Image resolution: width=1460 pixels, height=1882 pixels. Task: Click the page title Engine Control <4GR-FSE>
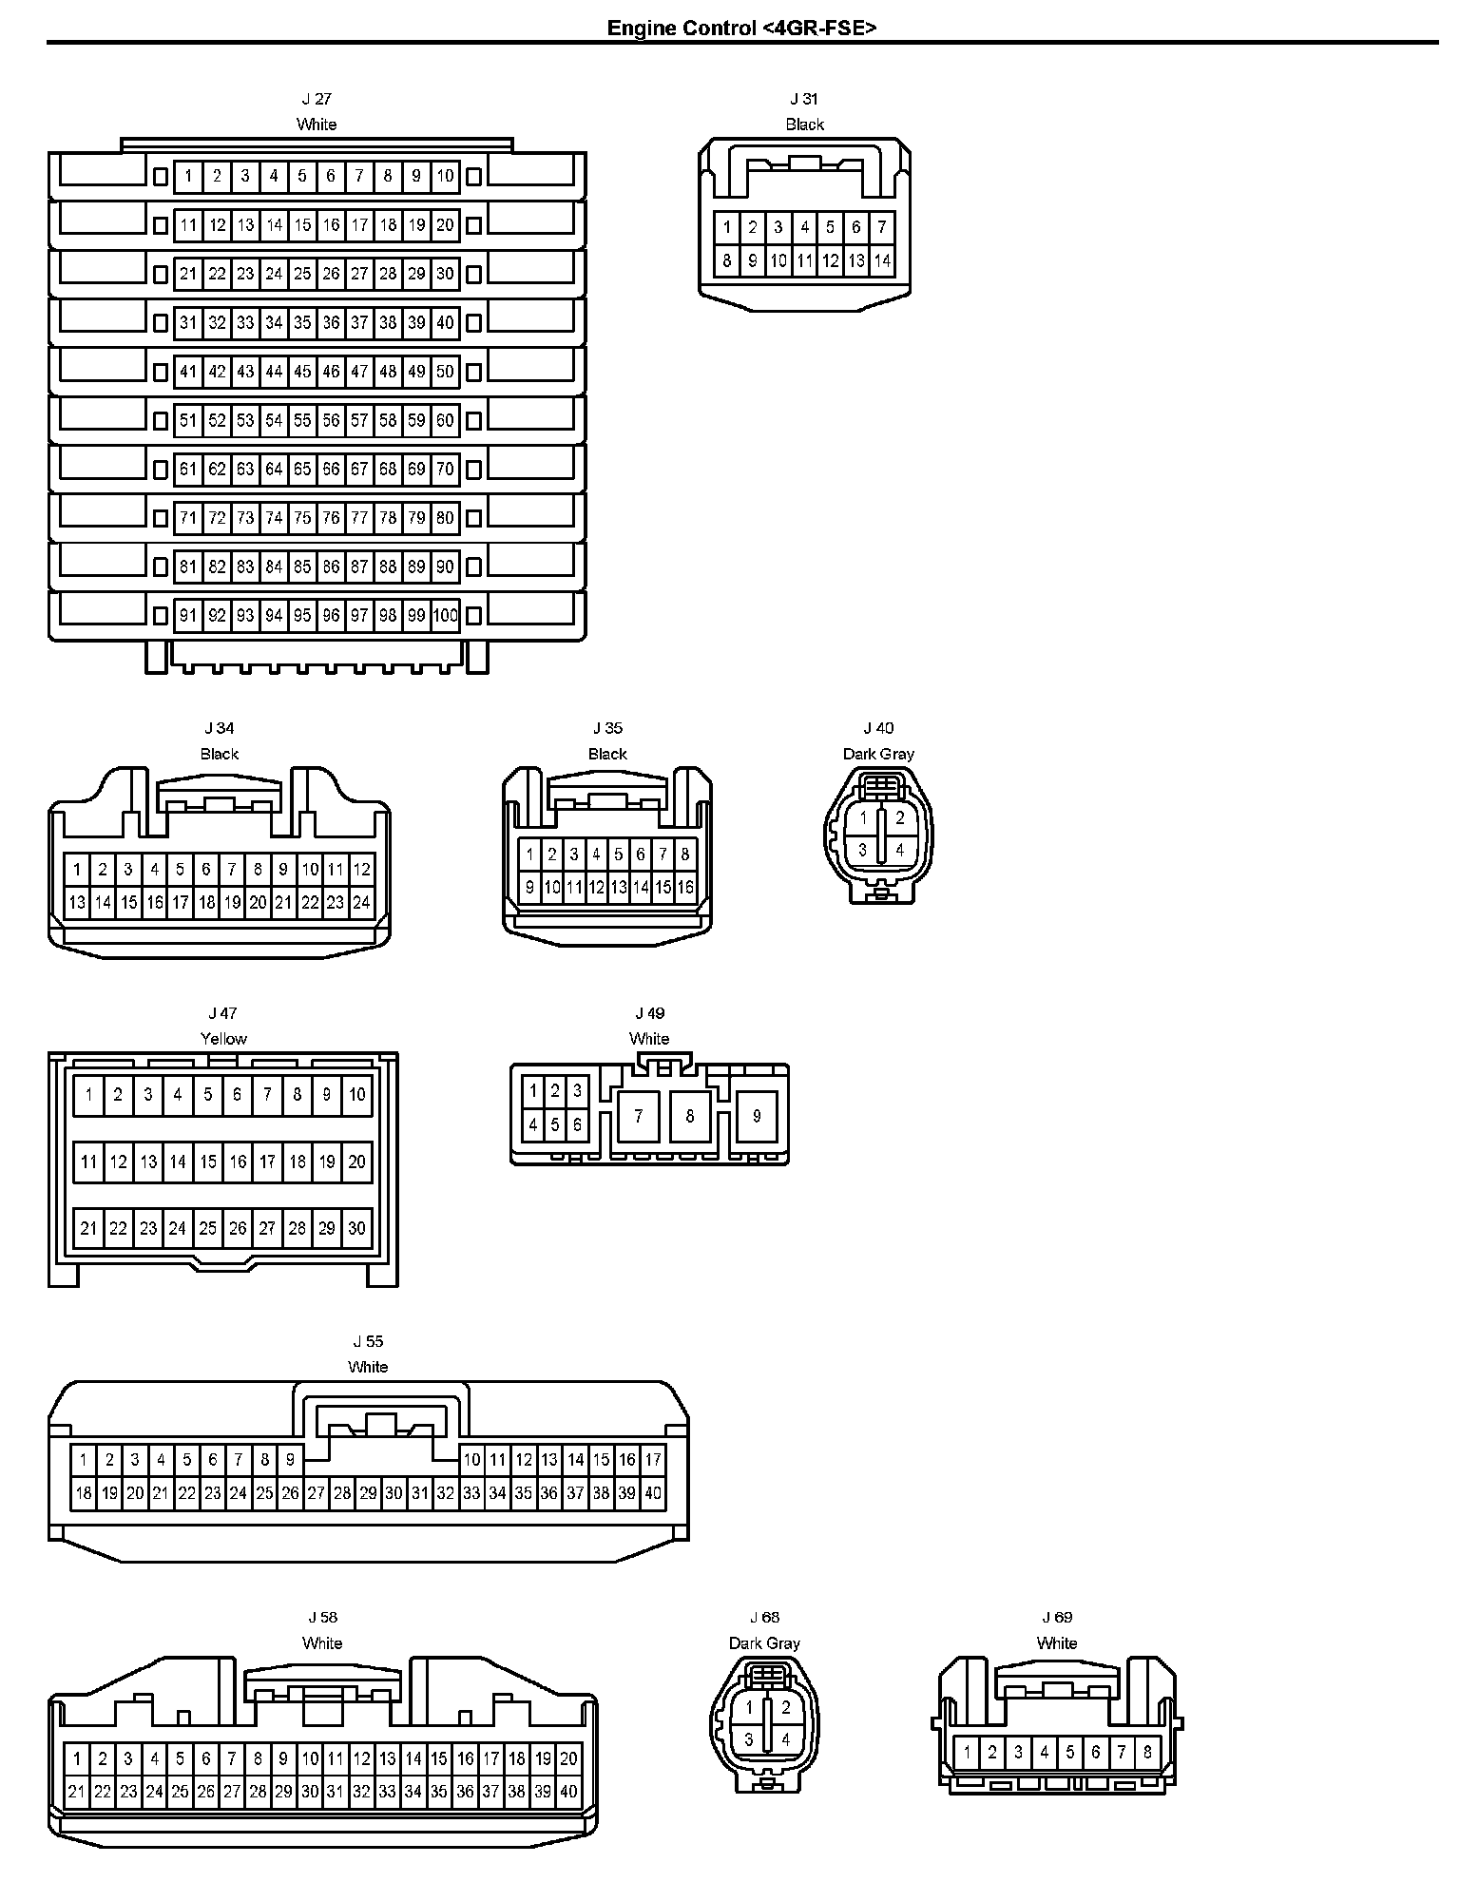(741, 28)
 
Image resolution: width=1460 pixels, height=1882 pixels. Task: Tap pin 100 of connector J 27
(445, 616)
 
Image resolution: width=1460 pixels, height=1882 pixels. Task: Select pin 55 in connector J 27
(302, 420)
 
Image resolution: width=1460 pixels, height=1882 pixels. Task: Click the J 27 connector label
(317, 99)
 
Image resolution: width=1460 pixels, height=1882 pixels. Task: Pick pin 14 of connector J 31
(882, 260)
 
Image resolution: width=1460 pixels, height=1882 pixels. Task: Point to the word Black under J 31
(804, 125)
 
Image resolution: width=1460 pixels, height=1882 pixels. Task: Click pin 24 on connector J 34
(361, 903)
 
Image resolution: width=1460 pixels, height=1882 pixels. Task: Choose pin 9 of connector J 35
(530, 889)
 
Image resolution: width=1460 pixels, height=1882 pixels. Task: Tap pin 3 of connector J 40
(863, 850)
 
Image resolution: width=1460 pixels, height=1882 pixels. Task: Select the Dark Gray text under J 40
(878, 754)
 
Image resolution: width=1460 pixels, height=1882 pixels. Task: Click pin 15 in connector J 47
(208, 1162)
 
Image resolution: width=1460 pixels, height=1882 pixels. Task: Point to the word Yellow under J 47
(223, 1039)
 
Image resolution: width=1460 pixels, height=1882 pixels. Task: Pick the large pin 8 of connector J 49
(690, 1116)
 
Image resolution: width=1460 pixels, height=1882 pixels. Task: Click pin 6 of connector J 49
(577, 1125)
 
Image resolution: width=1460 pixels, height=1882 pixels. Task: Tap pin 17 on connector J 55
(653, 1460)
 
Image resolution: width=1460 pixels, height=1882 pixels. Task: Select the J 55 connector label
(368, 1341)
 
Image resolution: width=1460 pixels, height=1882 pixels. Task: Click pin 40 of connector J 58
(568, 1793)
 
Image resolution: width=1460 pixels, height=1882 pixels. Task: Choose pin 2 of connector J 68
(786, 1708)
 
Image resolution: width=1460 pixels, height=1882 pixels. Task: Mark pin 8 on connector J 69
(1148, 1752)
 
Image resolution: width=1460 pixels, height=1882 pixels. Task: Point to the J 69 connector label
(1057, 1618)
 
